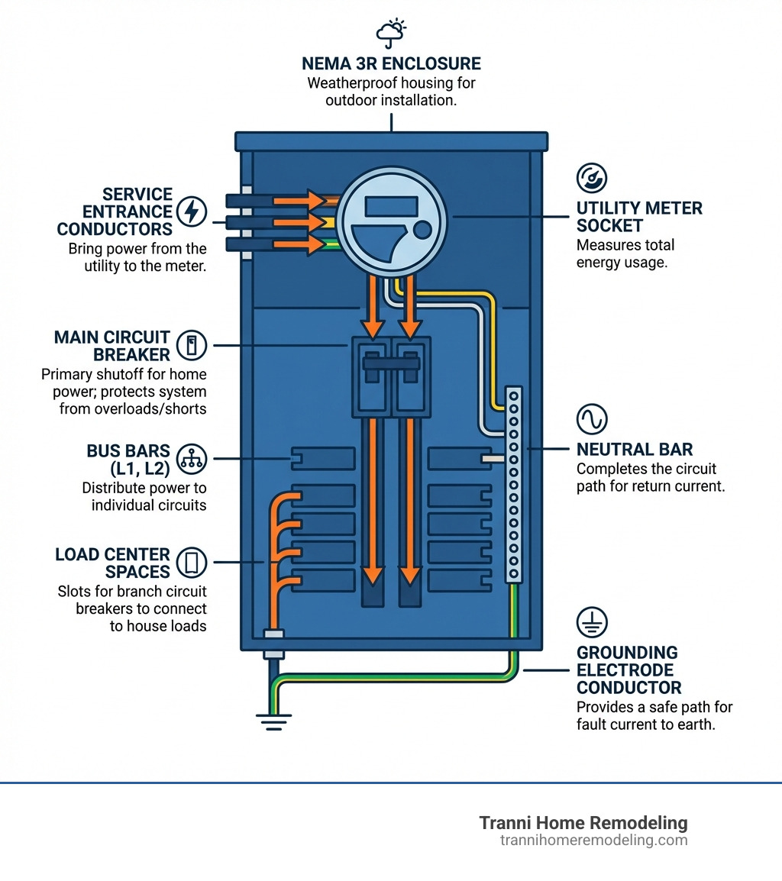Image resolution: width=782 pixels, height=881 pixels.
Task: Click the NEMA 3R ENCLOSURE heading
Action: click(x=390, y=63)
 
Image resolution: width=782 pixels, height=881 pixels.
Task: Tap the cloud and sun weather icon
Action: click(x=390, y=31)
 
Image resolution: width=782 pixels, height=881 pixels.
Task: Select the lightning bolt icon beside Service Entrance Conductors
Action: click(x=190, y=211)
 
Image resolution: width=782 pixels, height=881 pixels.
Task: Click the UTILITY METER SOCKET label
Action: click(x=639, y=217)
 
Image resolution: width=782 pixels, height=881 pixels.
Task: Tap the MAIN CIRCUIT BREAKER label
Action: click(x=112, y=346)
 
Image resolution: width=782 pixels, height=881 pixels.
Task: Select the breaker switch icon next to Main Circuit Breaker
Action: click(x=191, y=346)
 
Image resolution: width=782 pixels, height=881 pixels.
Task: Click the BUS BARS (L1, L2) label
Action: click(x=128, y=458)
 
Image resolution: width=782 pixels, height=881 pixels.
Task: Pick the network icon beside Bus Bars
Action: click(x=191, y=458)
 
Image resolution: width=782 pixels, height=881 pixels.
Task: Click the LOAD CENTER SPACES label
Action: click(x=112, y=563)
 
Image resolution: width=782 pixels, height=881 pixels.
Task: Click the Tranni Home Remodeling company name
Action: click(x=583, y=823)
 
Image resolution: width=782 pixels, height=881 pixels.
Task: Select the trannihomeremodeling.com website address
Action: click(x=593, y=841)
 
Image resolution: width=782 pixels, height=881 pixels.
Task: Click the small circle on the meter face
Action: click(x=421, y=230)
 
